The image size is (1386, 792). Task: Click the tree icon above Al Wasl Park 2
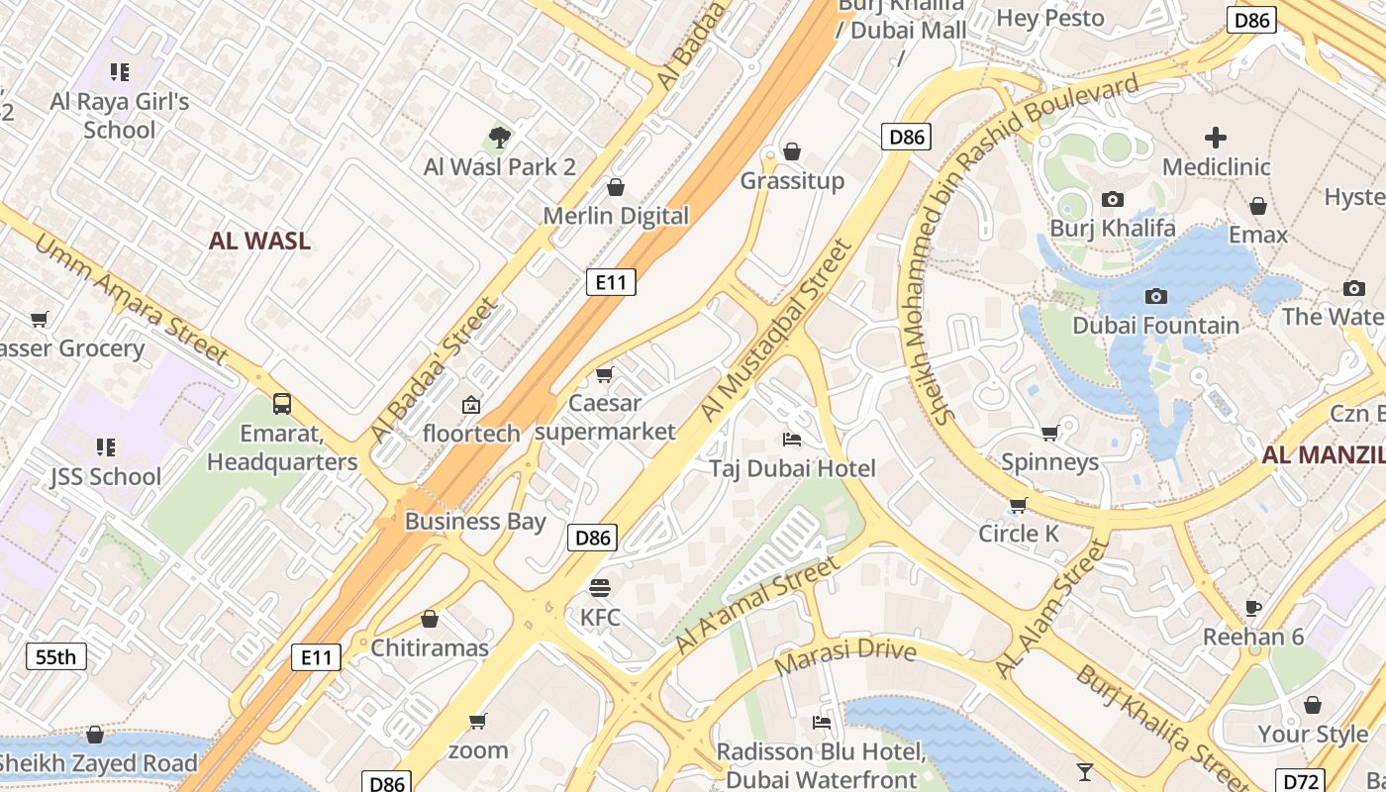pyautogui.click(x=500, y=138)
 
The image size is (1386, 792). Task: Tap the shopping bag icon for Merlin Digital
pyautogui.click(x=616, y=187)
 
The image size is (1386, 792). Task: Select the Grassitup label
pyautogui.click(x=792, y=181)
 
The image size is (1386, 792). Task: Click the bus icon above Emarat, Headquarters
pyautogui.click(x=282, y=403)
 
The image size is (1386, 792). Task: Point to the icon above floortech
pyautogui.click(x=471, y=404)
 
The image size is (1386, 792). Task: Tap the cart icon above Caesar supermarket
pyautogui.click(x=604, y=374)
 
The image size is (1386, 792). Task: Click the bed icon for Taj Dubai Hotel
pyautogui.click(x=792, y=439)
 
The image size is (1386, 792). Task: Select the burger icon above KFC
pyautogui.click(x=599, y=588)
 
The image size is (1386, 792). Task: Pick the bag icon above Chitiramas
pyautogui.click(x=430, y=619)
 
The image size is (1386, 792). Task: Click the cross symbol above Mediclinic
pyautogui.click(x=1216, y=138)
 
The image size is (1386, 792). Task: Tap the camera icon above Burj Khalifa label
pyautogui.click(x=1113, y=200)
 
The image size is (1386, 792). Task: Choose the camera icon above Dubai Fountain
pyautogui.click(x=1155, y=296)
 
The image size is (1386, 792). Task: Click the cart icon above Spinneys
pyautogui.click(x=1049, y=433)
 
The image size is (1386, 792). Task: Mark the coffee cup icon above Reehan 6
pyautogui.click(x=1253, y=607)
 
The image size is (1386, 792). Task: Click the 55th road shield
pyautogui.click(x=55, y=656)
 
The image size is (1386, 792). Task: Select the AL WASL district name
pyautogui.click(x=259, y=241)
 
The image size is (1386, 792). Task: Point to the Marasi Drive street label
pyautogui.click(x=845, y=657)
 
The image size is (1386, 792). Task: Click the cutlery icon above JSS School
pyautogui.click(x=106, y=446)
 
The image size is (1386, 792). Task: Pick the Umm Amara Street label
pyautogui.click(x=132, y=301)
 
